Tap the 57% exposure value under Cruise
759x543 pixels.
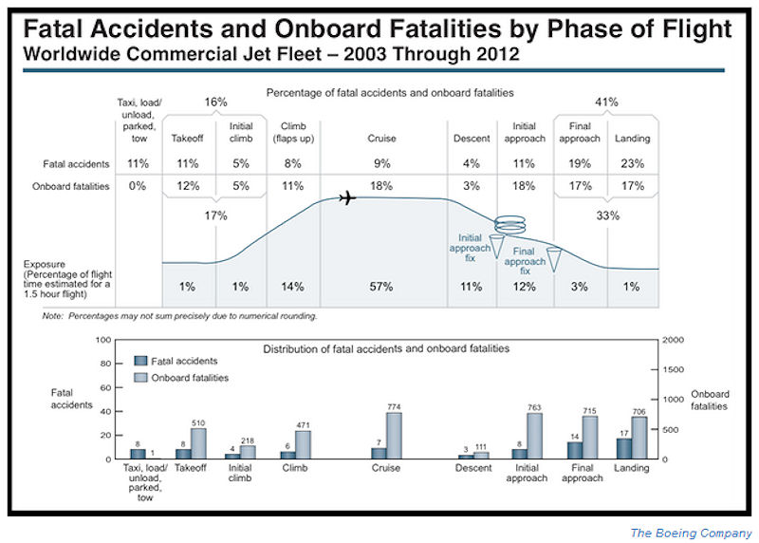381,287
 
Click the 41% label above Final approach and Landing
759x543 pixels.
607,102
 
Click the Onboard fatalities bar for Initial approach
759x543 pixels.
534,436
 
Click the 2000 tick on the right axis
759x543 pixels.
671,340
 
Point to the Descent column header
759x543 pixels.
472,139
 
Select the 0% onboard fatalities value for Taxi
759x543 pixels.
138,186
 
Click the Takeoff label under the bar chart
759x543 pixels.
190,467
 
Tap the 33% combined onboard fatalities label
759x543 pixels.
607,215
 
